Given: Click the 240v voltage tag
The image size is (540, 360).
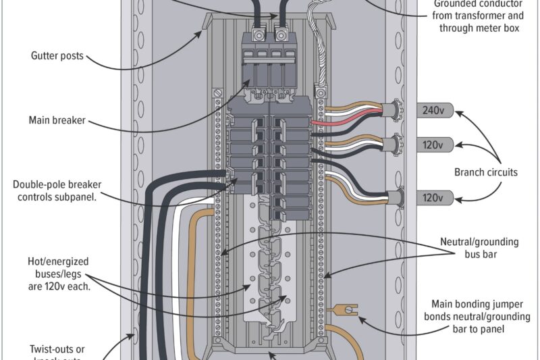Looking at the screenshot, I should click(x=433, y=111).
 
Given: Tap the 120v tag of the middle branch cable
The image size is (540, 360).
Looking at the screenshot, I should click(x=433, y=145).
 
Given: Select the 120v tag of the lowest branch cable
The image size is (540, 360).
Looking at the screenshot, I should click(x=433, y=198).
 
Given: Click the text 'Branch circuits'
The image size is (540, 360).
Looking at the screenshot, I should click(x=485, y=172).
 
